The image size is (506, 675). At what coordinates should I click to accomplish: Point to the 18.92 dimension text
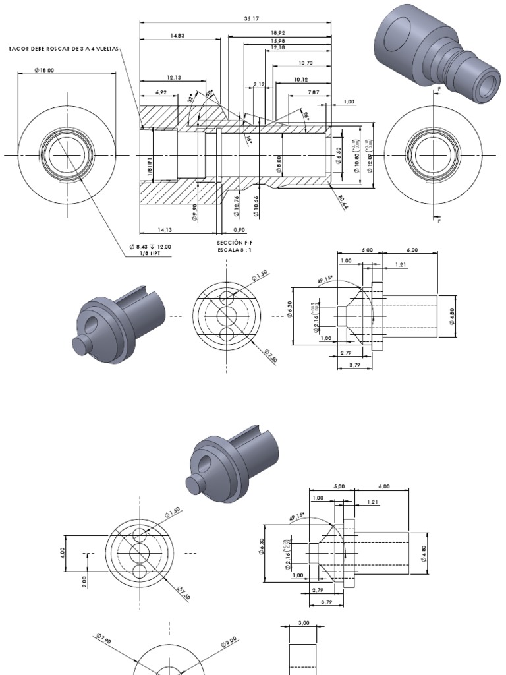tap(277, 32)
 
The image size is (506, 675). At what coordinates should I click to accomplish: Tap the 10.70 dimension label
tap(305, 63)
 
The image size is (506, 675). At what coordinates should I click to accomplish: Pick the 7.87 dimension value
tap(314, 93)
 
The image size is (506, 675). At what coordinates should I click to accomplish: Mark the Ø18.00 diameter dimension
tap(45, 70)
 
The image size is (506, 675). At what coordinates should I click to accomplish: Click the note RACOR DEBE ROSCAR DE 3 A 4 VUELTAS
tap(65, 49)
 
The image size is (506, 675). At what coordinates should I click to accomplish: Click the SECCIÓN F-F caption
tap(235, 243)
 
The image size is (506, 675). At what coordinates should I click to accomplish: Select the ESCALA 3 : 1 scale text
tap(235, 250)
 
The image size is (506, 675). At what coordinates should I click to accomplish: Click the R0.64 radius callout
tap(342, 202)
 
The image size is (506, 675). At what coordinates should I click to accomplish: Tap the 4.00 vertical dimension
tap(63, 550)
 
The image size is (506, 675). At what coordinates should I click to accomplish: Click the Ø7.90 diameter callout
tap(103, 639)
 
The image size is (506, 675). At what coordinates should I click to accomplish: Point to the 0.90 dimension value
tap(239, 230)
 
